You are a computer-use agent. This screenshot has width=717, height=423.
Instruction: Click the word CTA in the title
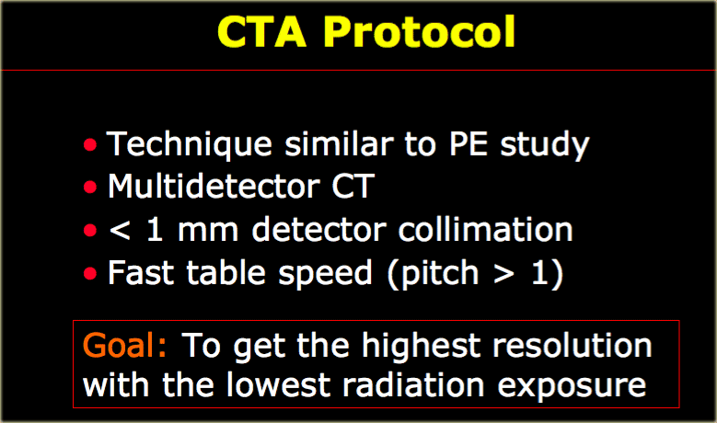[261, 31]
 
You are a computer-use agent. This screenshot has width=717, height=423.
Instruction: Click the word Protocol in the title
[420, 31]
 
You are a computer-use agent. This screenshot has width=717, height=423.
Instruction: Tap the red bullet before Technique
[90, 144]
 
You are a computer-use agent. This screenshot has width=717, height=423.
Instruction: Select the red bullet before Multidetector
[90, 188]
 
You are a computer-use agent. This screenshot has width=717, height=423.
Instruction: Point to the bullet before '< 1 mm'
[90, 230]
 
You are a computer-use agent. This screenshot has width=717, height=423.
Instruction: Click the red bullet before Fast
[90, 273]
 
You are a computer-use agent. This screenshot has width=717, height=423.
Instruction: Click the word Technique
[190, 145]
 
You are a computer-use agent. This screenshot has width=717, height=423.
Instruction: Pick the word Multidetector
[214, 187]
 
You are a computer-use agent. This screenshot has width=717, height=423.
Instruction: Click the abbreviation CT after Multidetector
[353, 187]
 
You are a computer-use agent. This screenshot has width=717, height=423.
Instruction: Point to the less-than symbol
[120, 230]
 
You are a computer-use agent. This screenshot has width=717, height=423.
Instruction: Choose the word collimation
[486, 229]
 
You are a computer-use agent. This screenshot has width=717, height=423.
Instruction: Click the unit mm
[208, 231]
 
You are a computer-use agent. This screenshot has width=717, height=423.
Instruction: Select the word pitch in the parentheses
[440, 274]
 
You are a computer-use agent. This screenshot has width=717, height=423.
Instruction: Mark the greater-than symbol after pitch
[503, 273]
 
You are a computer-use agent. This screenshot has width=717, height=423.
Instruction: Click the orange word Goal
[124, 345]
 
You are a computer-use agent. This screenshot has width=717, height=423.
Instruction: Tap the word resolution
[572, 345]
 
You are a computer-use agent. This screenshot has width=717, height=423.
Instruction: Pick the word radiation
[413, 384]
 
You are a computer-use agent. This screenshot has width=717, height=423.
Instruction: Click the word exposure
[572, 387]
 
